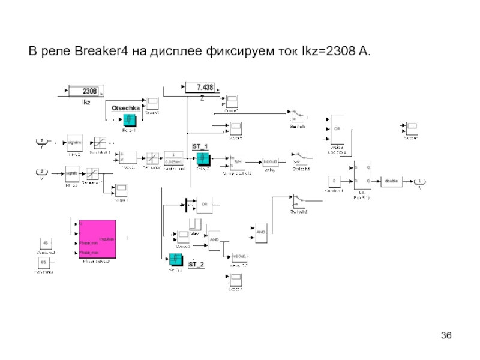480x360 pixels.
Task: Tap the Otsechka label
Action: [x=125, y=107]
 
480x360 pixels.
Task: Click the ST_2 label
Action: [x=196, y=264]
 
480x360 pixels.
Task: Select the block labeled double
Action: [x=391, y=181]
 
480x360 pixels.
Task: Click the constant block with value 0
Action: [x=334, y=181]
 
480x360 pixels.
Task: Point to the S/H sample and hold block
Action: [x=238, y=161]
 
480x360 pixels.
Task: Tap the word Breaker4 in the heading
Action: [x=101, y=53]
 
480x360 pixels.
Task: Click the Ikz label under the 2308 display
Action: [x=86, y=103]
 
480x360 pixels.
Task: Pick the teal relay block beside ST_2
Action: [x=175, y=259]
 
